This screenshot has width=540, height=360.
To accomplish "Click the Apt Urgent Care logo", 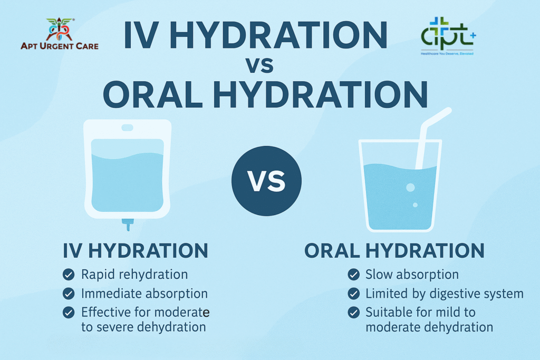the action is click(60, 34).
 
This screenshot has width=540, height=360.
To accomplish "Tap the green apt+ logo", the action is click(448, 36).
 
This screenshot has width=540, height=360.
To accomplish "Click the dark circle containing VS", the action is click(266, 181).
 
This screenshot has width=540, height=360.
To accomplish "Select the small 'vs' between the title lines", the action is click(259, 65).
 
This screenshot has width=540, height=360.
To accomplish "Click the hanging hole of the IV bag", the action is click(127, 128).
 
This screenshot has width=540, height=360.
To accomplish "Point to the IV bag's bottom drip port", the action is click(128, 224).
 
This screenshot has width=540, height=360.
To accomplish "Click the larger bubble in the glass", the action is click(410, 188).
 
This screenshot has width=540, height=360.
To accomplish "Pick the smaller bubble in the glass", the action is click(415, 205).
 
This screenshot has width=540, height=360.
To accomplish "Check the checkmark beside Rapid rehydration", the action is click(69, 275).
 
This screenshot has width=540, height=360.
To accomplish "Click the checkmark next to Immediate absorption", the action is click(69, 294).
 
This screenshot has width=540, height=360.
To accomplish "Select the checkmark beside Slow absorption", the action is click(353, 275).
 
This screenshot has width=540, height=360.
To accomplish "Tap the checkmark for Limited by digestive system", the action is click(353, 294).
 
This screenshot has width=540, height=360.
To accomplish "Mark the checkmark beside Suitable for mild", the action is click(353, 313).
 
